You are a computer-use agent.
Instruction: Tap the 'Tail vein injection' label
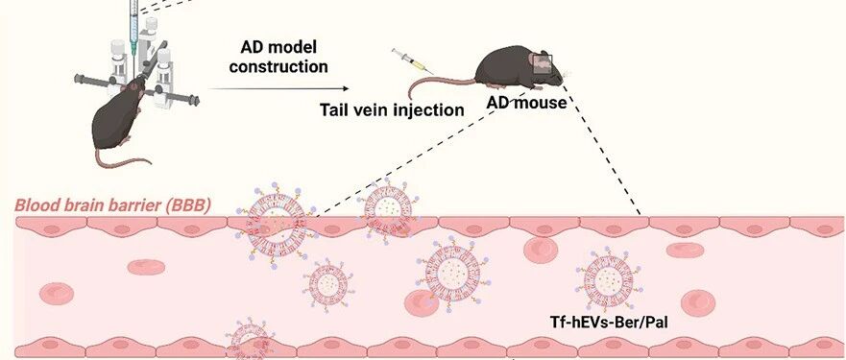[392, 109]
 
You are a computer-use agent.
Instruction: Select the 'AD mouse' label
[526, 102]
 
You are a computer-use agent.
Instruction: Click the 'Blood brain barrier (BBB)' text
[112, 205]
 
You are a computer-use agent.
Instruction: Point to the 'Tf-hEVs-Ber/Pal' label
[609, 323]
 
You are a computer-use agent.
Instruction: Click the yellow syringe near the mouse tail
[412, 61]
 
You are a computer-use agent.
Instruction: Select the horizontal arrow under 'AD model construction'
[278, 88]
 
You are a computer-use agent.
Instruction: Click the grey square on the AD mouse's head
[543, 64]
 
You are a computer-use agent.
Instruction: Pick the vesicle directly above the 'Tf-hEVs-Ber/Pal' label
[609, 278]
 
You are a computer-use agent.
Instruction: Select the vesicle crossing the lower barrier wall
[250, 339]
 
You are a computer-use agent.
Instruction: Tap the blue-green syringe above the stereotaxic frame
[133, 26]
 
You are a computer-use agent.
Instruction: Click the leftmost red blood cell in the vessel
[56, 294]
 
